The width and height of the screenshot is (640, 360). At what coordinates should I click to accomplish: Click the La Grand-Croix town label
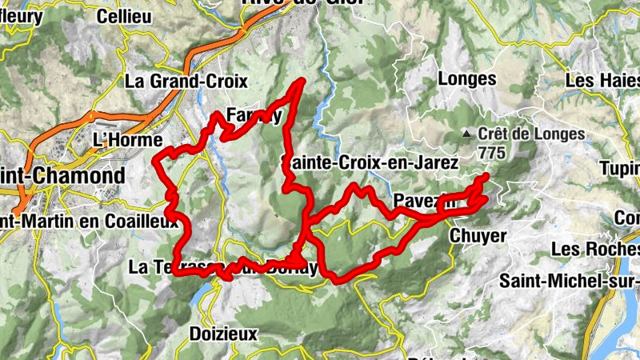pos(186,81)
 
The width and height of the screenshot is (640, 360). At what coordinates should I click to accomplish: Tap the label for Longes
pos(467,79)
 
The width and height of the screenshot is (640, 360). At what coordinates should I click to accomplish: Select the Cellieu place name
pos(124,16)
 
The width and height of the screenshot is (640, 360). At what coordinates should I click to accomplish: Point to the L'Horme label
pos(122,139)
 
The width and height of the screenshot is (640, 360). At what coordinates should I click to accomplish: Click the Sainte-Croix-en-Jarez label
pos(370,162)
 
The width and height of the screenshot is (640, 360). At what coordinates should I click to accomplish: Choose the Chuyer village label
pos(478,235)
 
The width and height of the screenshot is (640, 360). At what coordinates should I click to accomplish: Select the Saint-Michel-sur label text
pos(568,280)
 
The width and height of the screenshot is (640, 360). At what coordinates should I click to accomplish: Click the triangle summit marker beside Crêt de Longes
pos(467,134)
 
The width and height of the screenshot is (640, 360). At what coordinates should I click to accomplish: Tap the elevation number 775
pos(491,150)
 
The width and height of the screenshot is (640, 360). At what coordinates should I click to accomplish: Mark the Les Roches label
pos(594,249)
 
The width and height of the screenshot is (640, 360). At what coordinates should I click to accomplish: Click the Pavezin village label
pos(424,200)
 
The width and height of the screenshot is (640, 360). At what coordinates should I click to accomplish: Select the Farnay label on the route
pos(254,114)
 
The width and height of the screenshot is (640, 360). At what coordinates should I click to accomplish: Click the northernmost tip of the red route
pos(302,80)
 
